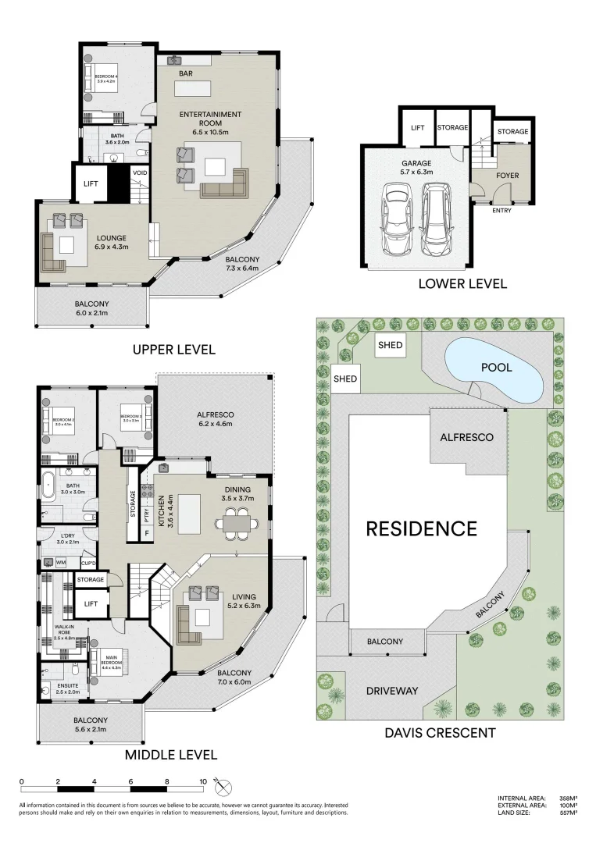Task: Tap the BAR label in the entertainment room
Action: pos(185,74)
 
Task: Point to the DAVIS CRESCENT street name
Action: pos(441,732)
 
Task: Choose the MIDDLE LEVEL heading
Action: pos(170,755)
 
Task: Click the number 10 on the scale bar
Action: pos(203,781)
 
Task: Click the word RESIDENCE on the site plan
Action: pos(422,528)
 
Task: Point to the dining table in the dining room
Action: pos(236,521)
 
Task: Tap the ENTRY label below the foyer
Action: pos(502,210)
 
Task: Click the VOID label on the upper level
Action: pos(141,173)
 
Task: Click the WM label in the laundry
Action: pos(61,562)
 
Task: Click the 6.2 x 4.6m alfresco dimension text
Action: pos(216,425)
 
